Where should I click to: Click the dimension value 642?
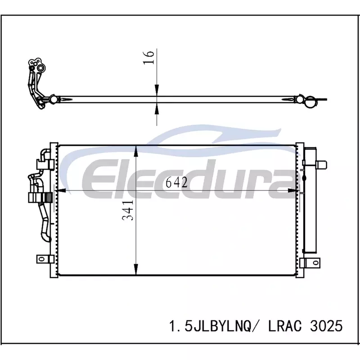[176, 183]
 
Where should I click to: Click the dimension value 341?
[128, 210]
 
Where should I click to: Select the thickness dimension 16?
[148, 58]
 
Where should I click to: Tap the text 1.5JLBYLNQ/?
[210, 326]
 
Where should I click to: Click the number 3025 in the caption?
[326, 326]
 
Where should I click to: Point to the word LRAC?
[285, 326]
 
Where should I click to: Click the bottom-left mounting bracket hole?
[41, 259]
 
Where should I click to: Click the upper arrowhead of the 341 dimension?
[136, 151]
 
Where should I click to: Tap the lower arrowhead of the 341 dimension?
[136, 269]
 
